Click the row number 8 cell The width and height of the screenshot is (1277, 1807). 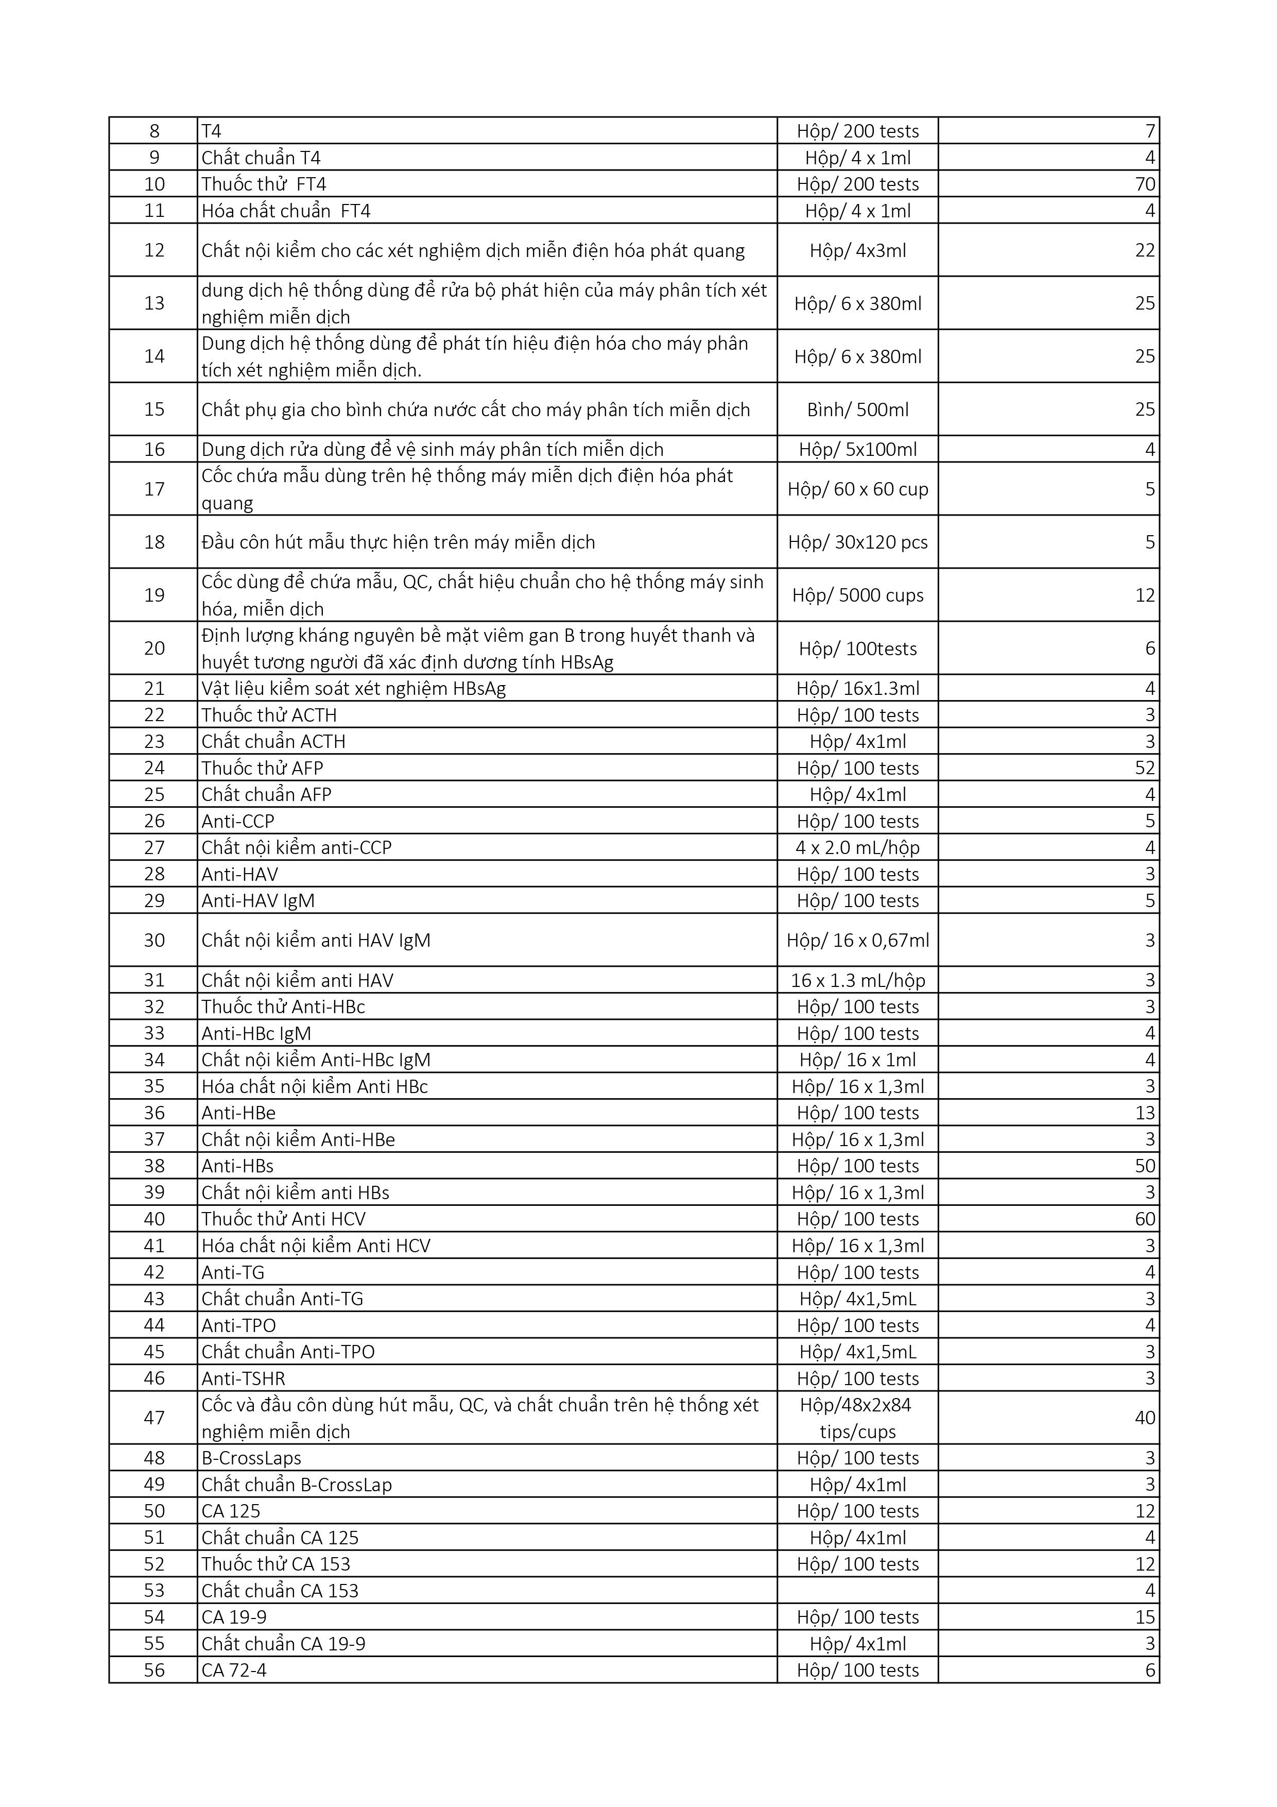point(154,131)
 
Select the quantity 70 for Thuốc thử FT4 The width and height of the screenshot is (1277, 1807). point(1145,184)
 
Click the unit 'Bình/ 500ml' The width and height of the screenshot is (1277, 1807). point(858,409)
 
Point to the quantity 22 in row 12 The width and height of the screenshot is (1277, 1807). point(1145,250)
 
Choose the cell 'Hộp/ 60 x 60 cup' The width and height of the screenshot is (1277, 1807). point(858,489)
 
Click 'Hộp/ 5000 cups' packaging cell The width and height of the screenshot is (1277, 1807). point(858,595)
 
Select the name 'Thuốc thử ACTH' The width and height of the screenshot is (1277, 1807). point(269,714)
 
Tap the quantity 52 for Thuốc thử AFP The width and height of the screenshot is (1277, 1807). point(1145,768)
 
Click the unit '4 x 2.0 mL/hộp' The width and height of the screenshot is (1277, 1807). point(858,848)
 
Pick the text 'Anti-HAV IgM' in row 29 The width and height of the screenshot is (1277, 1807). point(258,900)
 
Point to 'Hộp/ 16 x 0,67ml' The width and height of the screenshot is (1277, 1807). point(858,940)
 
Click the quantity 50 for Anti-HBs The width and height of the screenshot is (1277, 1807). point(1145,1166)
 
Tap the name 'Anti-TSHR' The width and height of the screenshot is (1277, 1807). point(243,1378)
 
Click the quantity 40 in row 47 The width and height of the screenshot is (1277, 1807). point(1145,1418)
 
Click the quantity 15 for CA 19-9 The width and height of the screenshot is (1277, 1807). point(1145,1616)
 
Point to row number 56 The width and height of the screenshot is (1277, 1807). point(154,1670)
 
